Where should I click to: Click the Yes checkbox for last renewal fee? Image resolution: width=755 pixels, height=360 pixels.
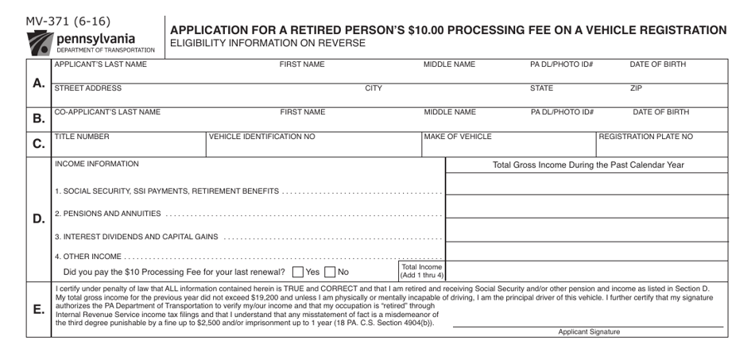(x=297, y=272)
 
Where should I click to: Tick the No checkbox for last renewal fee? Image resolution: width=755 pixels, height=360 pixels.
(x=330, y=272)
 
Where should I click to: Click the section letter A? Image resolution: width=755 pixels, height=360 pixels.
(x=38, y=83)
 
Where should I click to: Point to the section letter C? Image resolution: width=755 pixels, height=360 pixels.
(x=38, y=145)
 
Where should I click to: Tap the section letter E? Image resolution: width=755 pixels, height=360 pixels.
(x=38, y=309)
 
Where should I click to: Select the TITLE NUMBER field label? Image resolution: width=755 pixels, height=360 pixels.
(x=82, y=137)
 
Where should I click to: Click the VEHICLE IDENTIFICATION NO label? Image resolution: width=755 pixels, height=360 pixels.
(x=261, y=137)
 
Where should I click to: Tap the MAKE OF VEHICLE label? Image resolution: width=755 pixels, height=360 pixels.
(x=458, y=137)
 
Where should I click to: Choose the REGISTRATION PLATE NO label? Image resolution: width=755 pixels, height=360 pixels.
(x=645, y=137)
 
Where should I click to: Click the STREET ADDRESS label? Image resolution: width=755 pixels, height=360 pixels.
(x=87, y=88)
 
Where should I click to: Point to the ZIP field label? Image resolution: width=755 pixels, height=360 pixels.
(x=636, y=88)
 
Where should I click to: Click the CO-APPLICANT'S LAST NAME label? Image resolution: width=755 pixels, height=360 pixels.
(x=107, y=112)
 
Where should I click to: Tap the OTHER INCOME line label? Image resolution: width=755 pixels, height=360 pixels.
(x=88, y=256)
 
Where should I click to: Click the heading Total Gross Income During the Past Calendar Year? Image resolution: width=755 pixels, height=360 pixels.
(x=589, y=165)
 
